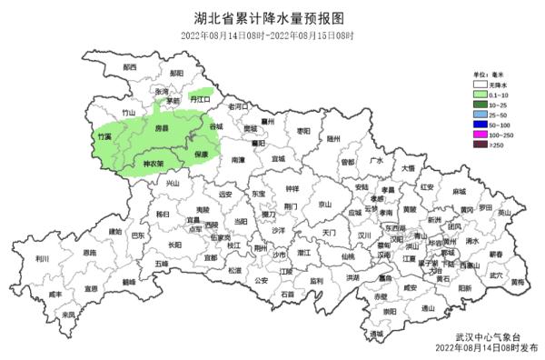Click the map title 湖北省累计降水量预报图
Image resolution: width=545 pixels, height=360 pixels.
272,15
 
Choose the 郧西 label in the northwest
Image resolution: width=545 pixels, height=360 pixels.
129,66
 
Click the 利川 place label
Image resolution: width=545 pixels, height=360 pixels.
42,258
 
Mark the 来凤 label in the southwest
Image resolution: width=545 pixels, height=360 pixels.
69,315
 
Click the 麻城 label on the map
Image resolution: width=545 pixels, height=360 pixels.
459,194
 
